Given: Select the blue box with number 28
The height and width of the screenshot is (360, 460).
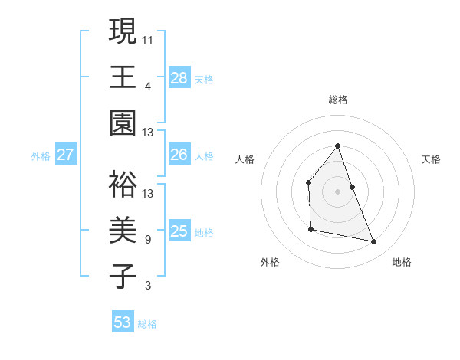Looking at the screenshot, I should pos(179,77).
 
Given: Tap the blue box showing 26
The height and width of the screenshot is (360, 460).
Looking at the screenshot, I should pos(179,155).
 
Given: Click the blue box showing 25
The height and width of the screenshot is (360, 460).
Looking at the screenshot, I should pos(179,231).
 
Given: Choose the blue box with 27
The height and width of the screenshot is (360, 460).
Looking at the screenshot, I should pos(66,155).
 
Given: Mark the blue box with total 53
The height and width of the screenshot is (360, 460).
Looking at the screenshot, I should pos(123,322).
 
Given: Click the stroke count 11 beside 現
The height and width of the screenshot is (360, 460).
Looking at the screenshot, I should pos(149,38).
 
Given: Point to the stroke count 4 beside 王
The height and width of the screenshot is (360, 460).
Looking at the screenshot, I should pos(148,85).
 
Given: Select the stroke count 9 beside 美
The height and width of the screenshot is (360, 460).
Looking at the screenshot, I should pos(148,240).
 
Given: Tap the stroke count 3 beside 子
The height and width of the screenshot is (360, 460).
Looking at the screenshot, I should pos(148,286).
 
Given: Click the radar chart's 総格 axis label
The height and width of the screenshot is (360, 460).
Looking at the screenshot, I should pos(338,100).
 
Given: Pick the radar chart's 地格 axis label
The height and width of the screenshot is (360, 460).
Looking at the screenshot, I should pos(402,262).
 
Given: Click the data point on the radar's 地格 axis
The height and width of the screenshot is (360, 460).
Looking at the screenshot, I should pos(374,241).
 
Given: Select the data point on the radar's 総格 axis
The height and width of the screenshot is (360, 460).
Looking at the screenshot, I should pos(337,146).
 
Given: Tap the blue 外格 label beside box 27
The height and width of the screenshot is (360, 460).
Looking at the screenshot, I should pos(41,156).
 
